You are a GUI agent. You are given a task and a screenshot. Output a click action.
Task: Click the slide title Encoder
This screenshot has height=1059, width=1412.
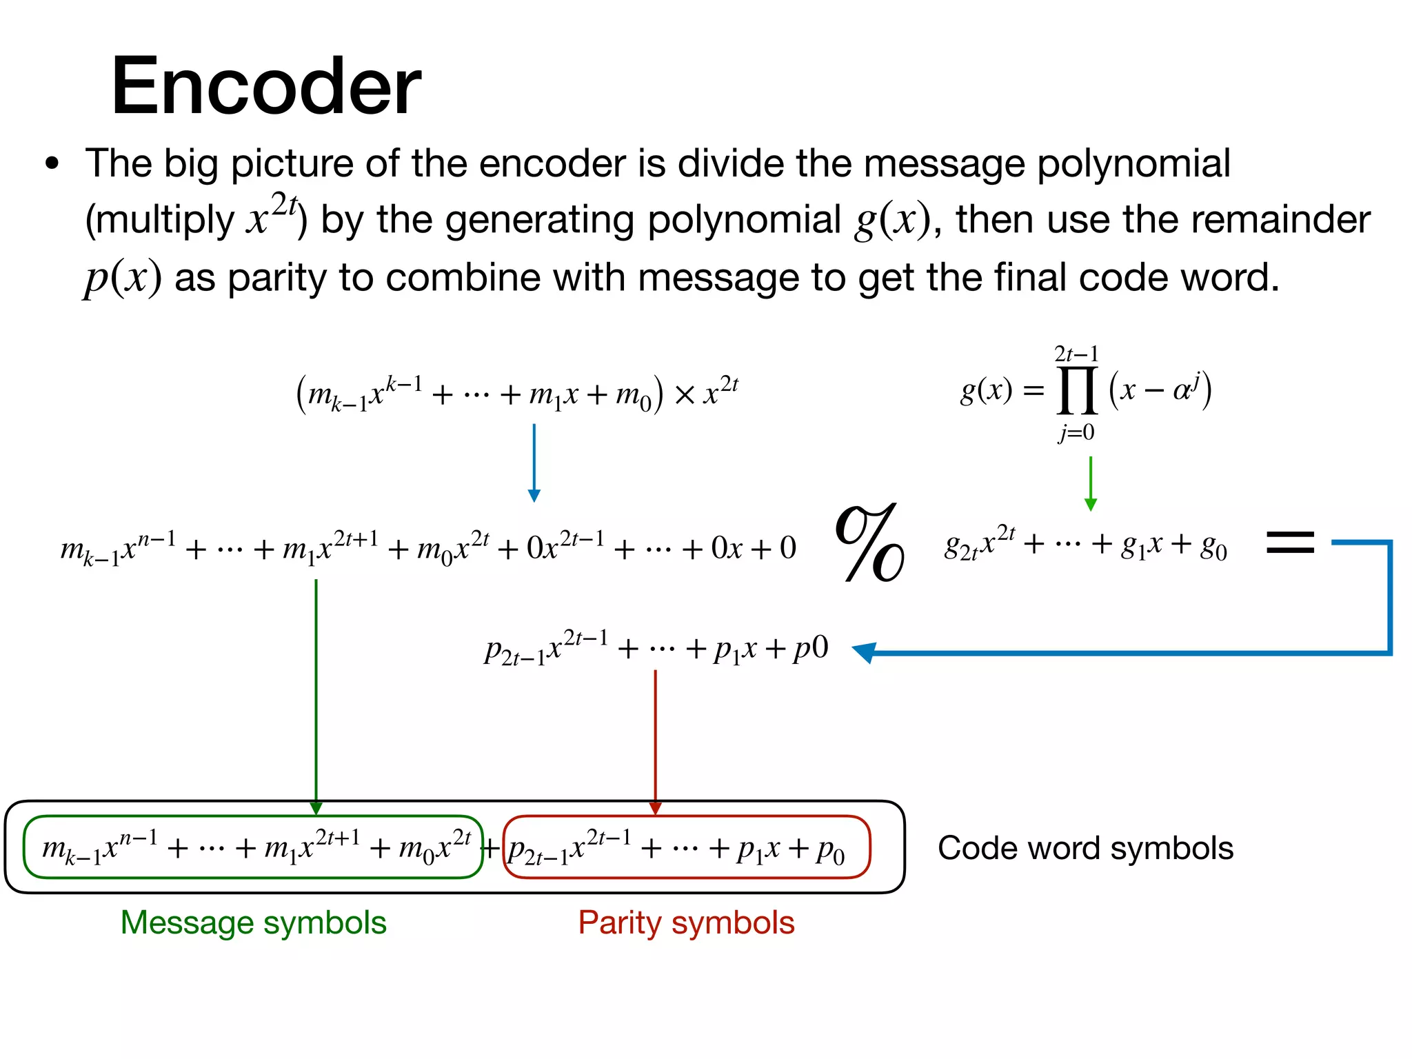(265, 87)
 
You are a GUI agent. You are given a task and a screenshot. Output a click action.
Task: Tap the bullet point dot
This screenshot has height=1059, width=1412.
(52, 165)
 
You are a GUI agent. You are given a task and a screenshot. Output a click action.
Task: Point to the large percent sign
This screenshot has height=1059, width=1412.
(869, 543)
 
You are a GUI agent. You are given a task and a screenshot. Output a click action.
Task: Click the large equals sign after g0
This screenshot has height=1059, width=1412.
(1290, 543)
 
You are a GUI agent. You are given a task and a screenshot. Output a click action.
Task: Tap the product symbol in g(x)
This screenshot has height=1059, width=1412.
(1078, 390)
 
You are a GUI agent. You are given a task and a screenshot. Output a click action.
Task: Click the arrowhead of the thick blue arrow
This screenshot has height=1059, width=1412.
(865, 652)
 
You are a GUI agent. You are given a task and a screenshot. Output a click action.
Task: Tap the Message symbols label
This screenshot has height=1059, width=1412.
(253, 922)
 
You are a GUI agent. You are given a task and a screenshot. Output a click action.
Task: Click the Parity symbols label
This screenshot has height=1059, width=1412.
(686, 922)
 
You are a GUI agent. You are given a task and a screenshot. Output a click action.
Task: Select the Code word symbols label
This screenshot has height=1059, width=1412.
(1085, 848)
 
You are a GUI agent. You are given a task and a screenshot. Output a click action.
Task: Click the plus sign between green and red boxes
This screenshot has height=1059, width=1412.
(492, 848)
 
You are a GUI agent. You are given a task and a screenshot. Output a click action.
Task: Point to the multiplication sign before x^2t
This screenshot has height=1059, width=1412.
(685, 395)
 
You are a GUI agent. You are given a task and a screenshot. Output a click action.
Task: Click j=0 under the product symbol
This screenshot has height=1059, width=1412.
(1077, 432)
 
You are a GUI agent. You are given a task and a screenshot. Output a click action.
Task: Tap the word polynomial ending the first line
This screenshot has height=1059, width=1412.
(1133, 164)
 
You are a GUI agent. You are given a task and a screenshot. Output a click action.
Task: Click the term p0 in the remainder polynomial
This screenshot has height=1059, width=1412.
(811, 648)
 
